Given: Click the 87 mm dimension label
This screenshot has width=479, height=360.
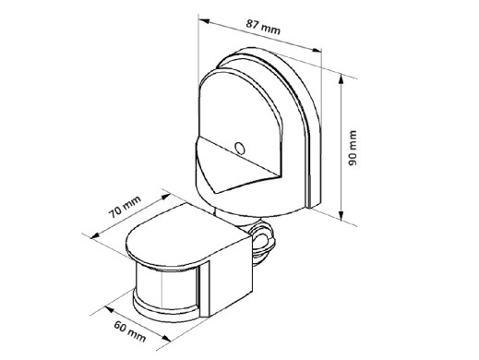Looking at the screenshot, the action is point(263,27).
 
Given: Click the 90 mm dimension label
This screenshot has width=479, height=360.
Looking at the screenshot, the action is point(353,149).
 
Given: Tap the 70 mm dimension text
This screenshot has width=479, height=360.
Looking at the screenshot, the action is point(126,207).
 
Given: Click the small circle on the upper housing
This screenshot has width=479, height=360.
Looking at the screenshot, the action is point(239,148).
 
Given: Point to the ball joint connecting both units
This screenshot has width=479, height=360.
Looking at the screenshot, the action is point(261,238).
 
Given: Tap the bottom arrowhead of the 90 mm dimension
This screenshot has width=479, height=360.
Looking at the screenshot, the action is point(341,215).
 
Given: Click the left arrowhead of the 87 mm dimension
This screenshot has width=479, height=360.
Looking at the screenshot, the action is point(205,21).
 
